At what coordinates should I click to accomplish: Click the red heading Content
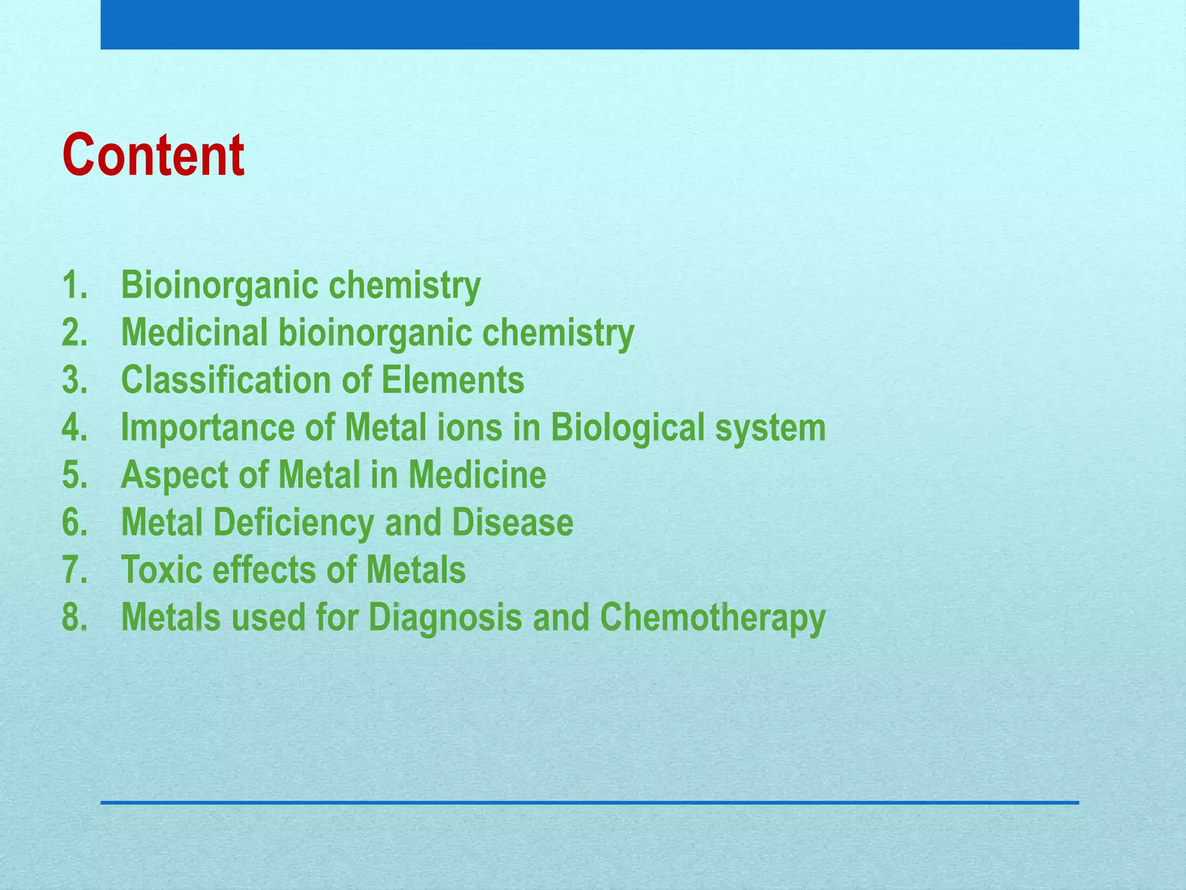point(153,155)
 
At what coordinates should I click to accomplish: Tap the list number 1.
point(75,285)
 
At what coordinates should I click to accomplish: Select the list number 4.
point(75,428)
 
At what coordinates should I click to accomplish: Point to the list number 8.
point(75,617)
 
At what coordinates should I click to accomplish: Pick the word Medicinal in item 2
point(194,333)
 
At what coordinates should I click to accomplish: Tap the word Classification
point(225,380)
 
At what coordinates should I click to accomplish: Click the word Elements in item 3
point(452,380)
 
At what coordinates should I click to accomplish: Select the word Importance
point(207,428)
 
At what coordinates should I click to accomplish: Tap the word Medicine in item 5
point(477,475)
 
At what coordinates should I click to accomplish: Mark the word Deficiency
point(294,523)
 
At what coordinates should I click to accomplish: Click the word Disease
point(513,523)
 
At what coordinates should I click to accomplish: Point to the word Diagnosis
point(445,618)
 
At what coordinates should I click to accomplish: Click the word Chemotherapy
point(712,618)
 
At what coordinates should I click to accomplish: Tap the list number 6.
point(75,523)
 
